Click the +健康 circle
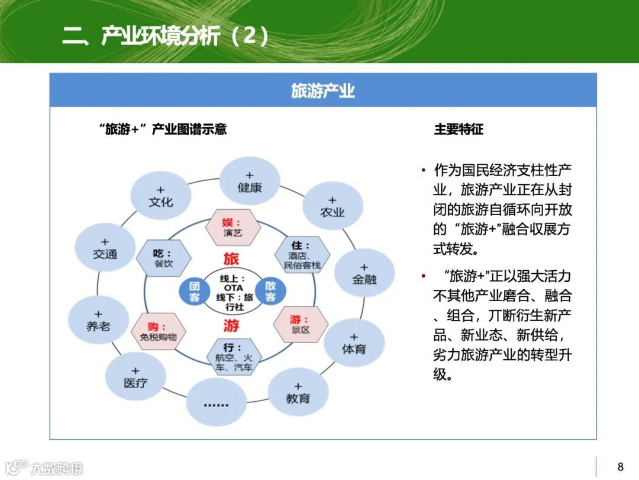[250, 181]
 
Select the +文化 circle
[161, 196]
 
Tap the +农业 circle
[332, 206]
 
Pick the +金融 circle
[364, 273]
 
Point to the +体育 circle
[354, 343]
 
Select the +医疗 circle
[135, 377]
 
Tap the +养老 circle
[98, 320]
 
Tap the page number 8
[620, 466]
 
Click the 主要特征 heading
[459, 129]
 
